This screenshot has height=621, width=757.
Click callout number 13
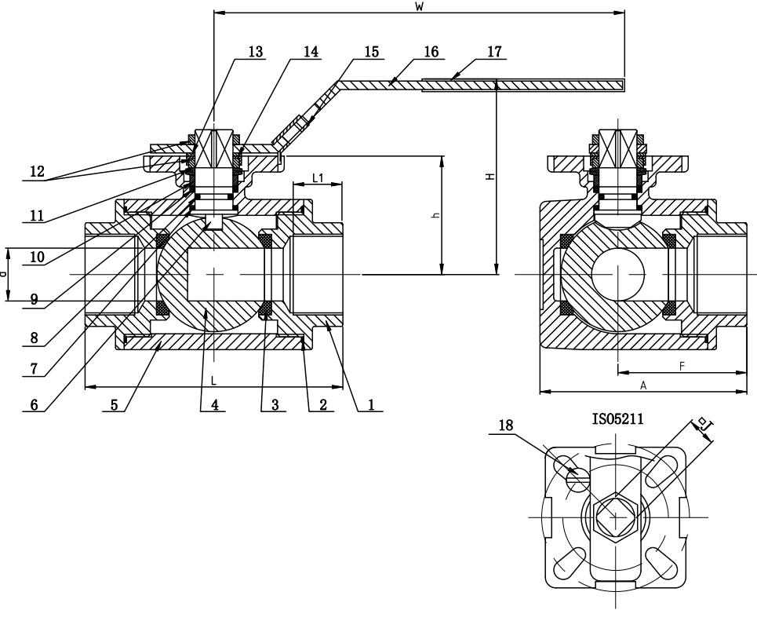255,52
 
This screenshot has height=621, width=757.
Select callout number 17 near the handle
494,52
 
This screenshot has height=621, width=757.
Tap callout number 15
370,52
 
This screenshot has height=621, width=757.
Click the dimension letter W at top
419,7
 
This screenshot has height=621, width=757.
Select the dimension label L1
318,178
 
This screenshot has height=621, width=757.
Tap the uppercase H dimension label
490,177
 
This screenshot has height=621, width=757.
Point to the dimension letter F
682,366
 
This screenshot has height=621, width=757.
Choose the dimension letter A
642,385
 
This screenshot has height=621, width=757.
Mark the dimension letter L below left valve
213,380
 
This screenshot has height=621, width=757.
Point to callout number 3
274,405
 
